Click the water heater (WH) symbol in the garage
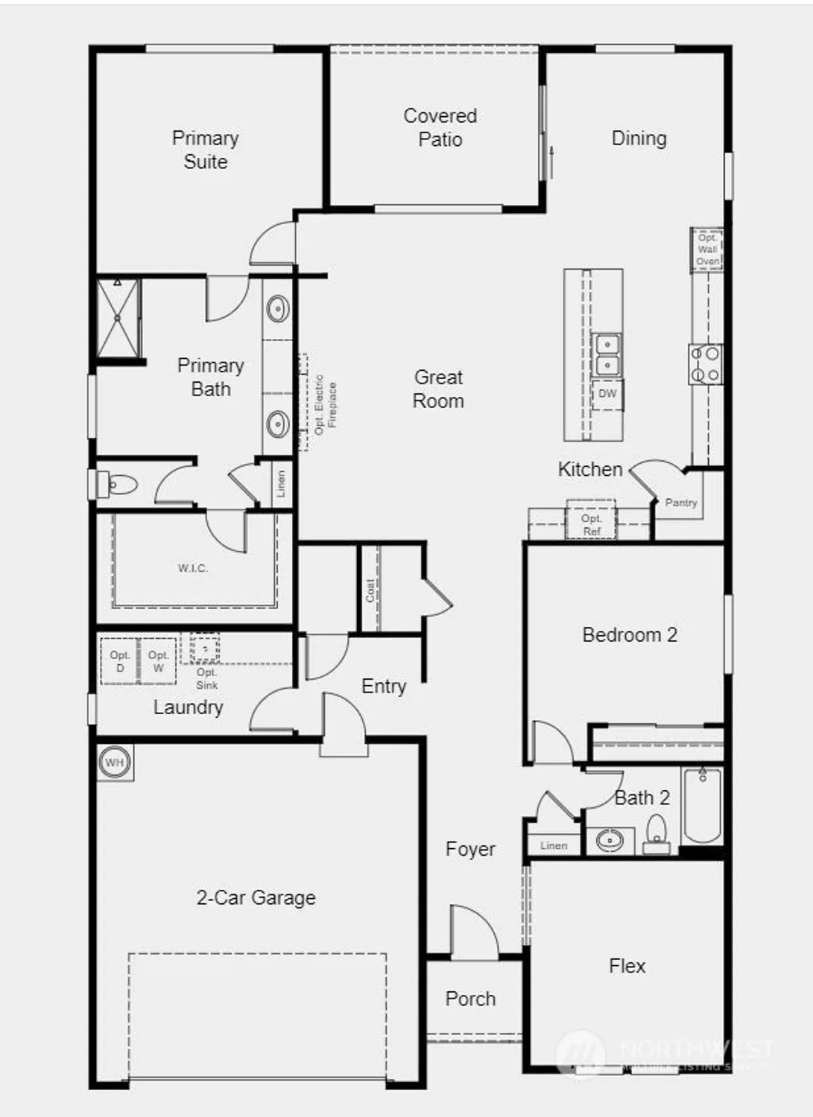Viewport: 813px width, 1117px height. click(x=114, y=763)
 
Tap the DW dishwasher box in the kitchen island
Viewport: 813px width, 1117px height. click(x=607, y=394)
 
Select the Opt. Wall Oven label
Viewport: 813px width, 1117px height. click(x=707, y=249)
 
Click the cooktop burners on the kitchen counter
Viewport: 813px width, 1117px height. click(x=705, y=364)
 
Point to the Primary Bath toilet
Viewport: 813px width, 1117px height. click(x=119, y=486)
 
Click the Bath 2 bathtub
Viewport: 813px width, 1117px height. click(x=702, y=806)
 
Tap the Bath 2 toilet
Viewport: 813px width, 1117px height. click(x=657, y=833)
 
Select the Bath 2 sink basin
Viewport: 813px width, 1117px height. click(x=610, y=841)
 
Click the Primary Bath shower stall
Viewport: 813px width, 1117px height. click(x=118, y=318)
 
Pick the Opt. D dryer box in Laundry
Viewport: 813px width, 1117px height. click(x=120, y=661)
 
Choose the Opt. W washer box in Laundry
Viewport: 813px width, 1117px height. click(x=158, y=661)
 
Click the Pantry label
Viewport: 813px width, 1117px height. click(x=681, y=503)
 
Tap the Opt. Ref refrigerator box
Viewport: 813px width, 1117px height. click(x=592, y=524)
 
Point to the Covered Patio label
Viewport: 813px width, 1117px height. click(x=440, y=127)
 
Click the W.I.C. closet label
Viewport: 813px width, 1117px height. click(x=192, y=568)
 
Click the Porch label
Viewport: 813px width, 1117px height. click(x=470, y=999)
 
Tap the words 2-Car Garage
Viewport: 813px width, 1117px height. click(x=256, y=897)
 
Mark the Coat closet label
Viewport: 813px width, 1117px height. click(x=370, y=591)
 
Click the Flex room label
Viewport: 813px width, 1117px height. click(x=627, y=966)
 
